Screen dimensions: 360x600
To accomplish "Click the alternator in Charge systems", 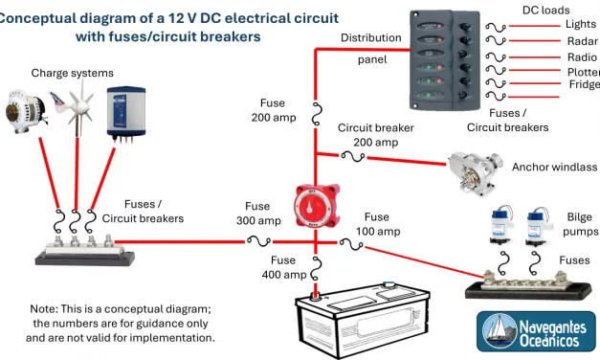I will click(30, 110).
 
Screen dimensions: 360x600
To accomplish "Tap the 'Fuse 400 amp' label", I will click(283, 267).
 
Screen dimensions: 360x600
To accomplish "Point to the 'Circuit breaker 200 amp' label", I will click(374, 135).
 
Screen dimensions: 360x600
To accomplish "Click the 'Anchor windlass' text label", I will click(554, 167).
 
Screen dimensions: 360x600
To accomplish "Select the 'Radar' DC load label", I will click(582, 41).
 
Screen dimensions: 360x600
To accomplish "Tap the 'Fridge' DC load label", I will click(584, 85).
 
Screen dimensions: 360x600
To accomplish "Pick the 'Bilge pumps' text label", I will click(580, 224).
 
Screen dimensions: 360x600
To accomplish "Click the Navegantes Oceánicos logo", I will click(536, 331).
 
